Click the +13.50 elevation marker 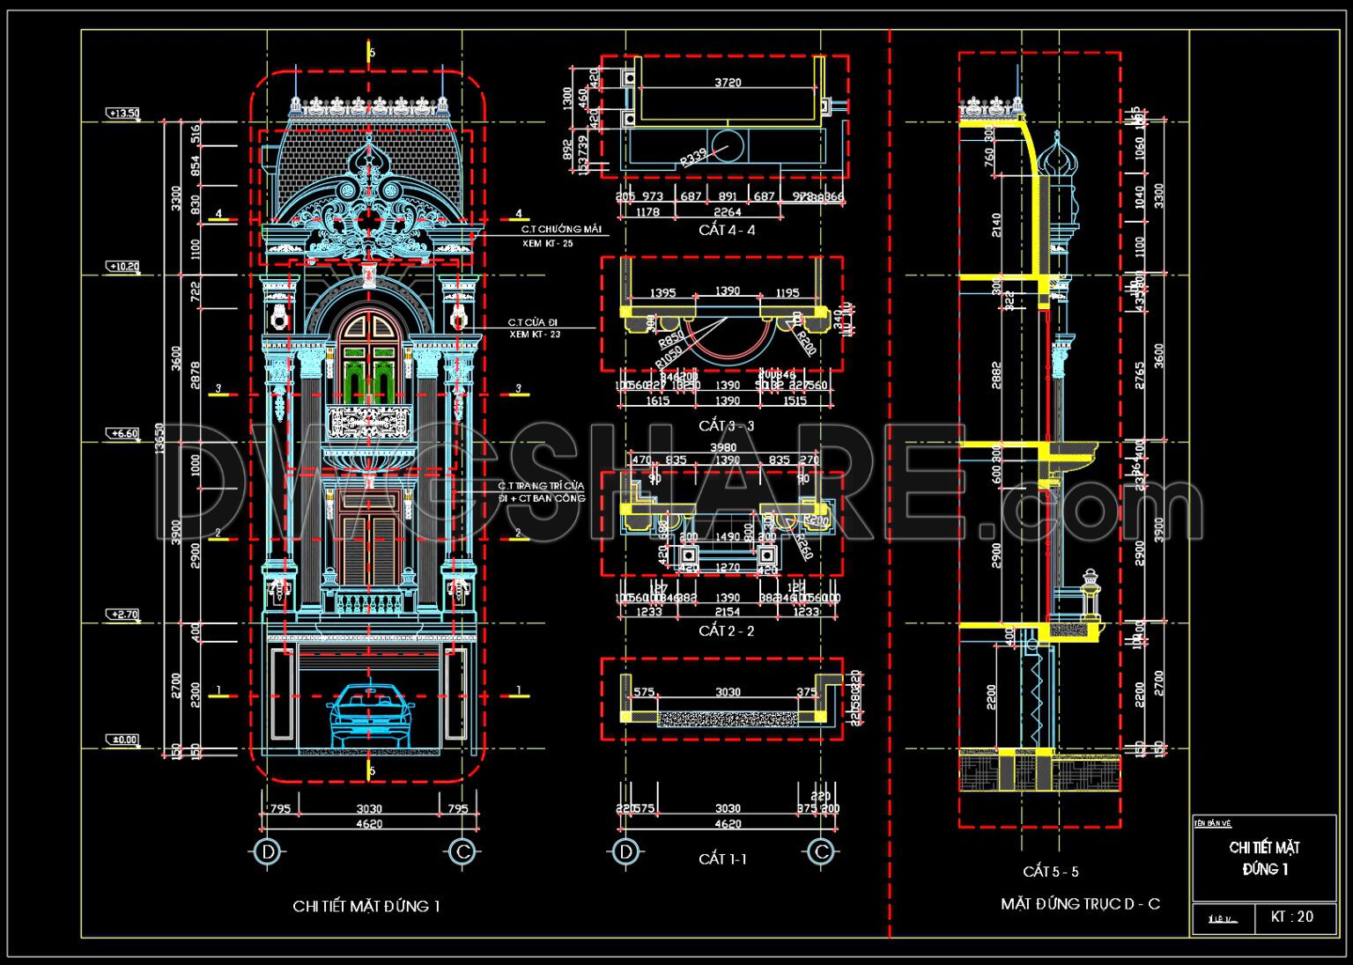pyautogui.click(x=123, y=113)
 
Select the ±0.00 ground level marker pyautogui.click(x=124, y=740)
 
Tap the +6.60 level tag pyautogui.click(x=123, y=433)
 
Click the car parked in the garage pyautogui.click(x=370, y=713)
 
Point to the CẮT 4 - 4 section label pyautogui.click(x=727, y=230)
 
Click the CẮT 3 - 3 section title pyautogui.click(x=727, y=425)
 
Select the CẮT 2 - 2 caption pyautogui.click(x=727, y=630)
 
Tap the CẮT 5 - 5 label pyautogui.click(x=1050, y=871)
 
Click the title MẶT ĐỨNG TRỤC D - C pyautogui.click(x=1080, y=903)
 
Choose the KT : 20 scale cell pyautogui.click(x=1291, y=917)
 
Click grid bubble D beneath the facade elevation pyautogui.click(x=267, y=851)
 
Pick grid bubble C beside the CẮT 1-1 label pyautogui.click(x=821, y=851)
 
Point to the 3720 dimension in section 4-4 pyautogui.click(x=728, y=83)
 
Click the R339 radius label pyautogui.click(x=693, y=158)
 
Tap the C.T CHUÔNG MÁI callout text pyautogui.click(x=561, y=229)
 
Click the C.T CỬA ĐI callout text pyautogui.click(x=533, y=323)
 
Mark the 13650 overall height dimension pyautogui.click(x=159, y=438)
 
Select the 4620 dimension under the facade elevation pyautogui.click(x=369, y=824)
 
